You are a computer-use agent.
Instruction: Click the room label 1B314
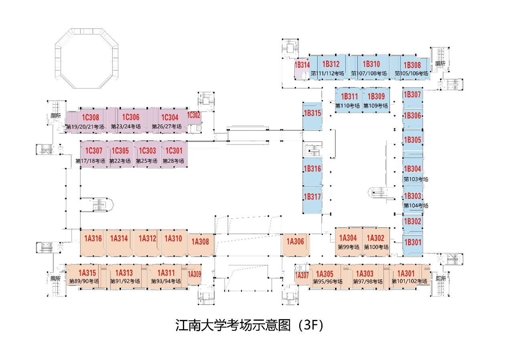pyautogui.click(x=302, y=65)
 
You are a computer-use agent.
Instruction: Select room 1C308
pyautogui.click(x=91, y=117)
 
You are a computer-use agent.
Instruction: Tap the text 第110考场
pyautogui.click(x=347, y=106)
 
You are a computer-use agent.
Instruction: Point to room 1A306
pyautogui.click(x=296, y=241)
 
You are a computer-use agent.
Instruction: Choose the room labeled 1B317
pyautogui.click(x=312, y=197)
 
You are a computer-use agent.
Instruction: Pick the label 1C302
pyautogui.click(x=194, y=115)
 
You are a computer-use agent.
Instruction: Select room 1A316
pyautogui.click(x=93, y=238)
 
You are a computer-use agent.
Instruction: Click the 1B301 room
pyautogui.click(x=412, y=242)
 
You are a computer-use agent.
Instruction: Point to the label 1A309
pyautogui.click(x=195, y=275)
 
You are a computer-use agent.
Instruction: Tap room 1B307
pyautogui.click(x=412, y=95)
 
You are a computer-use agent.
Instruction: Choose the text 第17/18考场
pyautogui.click(x=90, y=161)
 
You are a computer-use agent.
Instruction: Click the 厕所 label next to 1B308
pyautogui.click(x=440, y=64)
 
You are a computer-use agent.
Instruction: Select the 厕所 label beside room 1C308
pyautogui.click(x=56, y=116)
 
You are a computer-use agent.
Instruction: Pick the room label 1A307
pyautogui.click(x=302, y=276)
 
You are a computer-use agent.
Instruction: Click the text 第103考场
pyautogui.click(x=416, y=179)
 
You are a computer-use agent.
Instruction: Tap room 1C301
pyautogui.click(x=174, y=151)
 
